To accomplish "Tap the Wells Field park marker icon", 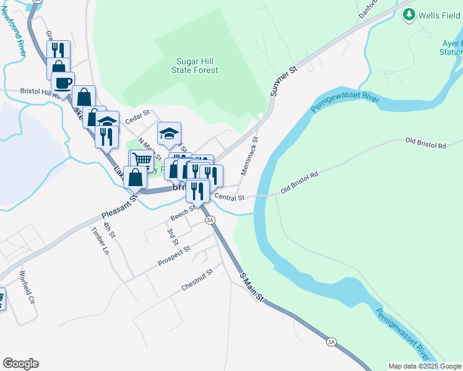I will point(409,14).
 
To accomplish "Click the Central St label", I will point(230,198).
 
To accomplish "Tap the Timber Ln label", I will point(99,241).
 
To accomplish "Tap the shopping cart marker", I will point(142,160).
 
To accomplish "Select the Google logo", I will point(20,364).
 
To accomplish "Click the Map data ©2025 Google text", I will point(424,366).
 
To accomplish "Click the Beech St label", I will point(183,213).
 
